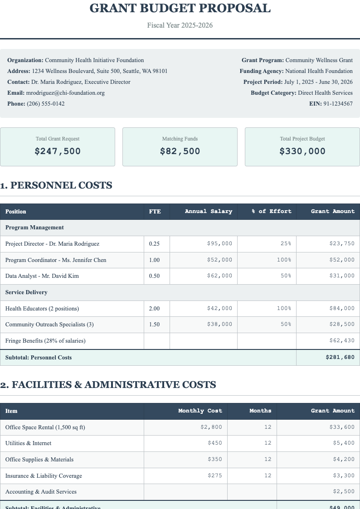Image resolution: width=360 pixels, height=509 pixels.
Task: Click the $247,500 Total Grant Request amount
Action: click(x=58, y=151)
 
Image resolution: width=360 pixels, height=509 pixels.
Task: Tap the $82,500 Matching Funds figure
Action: click(x=180, y=151)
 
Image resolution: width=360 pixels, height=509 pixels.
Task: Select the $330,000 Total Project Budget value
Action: click(x=302, y=151)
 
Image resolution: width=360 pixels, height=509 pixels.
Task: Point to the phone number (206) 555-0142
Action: click(x=45, y=104)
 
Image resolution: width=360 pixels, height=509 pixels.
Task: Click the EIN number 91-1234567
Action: click(x=338, y=104)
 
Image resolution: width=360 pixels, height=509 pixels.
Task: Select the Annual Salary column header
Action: click(x=209, y=211)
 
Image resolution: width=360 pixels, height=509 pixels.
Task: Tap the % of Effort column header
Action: click(x=272, y=211)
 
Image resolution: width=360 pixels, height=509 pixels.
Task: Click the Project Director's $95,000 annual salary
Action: click(x=219, y=244)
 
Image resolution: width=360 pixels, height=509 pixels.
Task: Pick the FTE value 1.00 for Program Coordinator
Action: click(x=154, y=260)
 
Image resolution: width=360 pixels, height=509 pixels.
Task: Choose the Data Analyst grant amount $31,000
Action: click(x=342, y=276)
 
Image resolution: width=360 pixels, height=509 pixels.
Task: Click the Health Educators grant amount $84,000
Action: click(x=342, y=309)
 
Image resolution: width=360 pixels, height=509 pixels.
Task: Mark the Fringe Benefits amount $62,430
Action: click(x=342, y=341)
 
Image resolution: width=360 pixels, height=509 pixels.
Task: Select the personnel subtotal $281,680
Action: click(x=340, y=358)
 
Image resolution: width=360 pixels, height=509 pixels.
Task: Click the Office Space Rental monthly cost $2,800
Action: click(x=211, y=427)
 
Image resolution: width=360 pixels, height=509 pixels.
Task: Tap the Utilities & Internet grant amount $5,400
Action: click(x=344, y=443)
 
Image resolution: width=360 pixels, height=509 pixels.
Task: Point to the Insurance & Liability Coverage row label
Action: click(x=44, y=476)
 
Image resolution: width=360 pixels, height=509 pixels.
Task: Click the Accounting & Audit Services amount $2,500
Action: click(x=344, y=492)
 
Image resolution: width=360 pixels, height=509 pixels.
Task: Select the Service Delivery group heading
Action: click(x=26, y=292)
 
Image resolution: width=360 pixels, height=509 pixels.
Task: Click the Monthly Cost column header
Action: click(x=200, y=411)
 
